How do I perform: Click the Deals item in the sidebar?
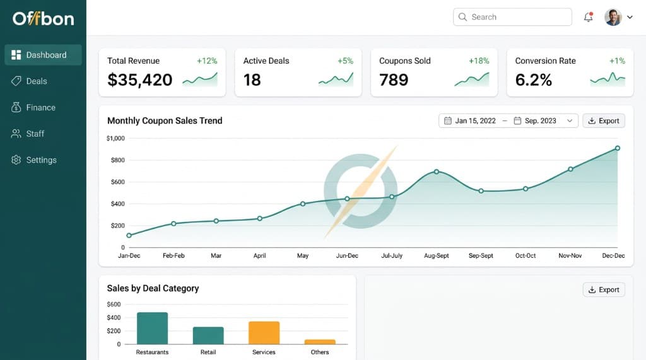(x=37, y=81)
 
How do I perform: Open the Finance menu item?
(x=40, y=108)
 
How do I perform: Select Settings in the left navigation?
(x=41, y=160)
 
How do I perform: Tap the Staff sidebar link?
(x=35, y=134)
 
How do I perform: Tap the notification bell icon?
(x=589, y=17)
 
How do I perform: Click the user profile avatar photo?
(x=613, y=17)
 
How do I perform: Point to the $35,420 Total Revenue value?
(x=140, y=80)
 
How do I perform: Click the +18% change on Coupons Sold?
(x=479, y=61)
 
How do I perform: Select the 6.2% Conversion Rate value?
(x=534, y=80)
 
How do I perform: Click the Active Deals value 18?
(x=252, y=80)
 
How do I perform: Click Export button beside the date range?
(x=604, y=121)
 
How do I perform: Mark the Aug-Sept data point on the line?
(x=437, y=171)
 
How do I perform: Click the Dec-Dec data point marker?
(x=618, y=148)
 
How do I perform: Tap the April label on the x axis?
(x=259, y=256)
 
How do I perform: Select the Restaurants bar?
(x=152, y=328)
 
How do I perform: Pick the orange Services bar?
(x=264, y=332)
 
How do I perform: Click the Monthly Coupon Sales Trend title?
(x=165, y=121)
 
